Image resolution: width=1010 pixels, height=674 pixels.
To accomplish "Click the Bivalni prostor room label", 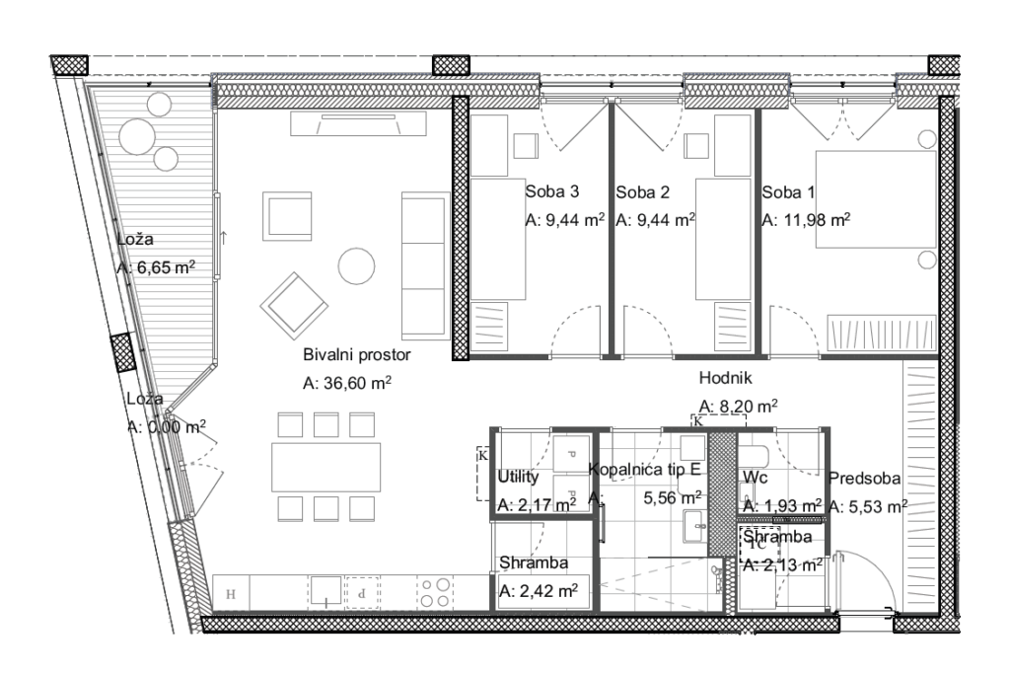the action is tap(356, 355).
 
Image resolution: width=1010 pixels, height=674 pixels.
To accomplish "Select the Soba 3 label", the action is tap(552, 191).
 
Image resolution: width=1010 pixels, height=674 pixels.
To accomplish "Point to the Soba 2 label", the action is tap(642, 192).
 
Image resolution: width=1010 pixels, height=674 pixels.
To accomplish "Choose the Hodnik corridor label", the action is tap(725, 378).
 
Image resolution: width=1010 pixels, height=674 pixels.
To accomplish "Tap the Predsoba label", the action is tap(864, 478).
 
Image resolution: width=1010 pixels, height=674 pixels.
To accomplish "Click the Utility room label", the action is tap(518, 477).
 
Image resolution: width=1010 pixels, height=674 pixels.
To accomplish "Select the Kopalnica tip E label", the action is tap(645, 469).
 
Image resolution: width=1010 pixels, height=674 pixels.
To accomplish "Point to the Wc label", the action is tap(755, 478).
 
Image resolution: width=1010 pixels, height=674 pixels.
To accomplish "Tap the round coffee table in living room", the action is tap(356, 266).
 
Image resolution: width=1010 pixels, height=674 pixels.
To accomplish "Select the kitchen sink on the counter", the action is tap(325, 591).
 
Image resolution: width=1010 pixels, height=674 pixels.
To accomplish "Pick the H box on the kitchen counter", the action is tap(231, 593).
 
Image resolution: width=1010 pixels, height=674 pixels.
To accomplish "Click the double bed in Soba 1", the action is tap(876, 199).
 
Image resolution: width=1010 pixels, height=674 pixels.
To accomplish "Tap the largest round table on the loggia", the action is tap(137, 136).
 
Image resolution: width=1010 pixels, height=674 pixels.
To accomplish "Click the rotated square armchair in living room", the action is tap(294, 306).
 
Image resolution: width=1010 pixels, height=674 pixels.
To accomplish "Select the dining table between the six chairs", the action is tap(325, 467).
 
